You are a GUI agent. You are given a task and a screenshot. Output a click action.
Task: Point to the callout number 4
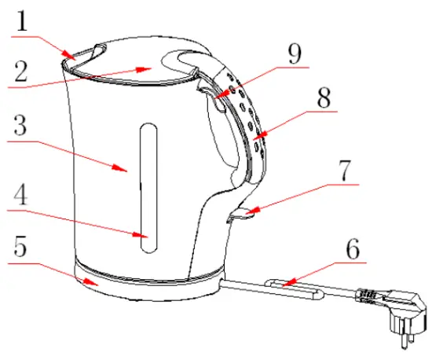(21, 193)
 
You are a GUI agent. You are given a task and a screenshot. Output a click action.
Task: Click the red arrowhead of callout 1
(71, 56)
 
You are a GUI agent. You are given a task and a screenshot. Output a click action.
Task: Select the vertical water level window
(145, 189)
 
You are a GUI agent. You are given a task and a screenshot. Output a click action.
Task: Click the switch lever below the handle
(240, 215)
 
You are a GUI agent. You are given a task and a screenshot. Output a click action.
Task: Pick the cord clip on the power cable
(295, 287)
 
